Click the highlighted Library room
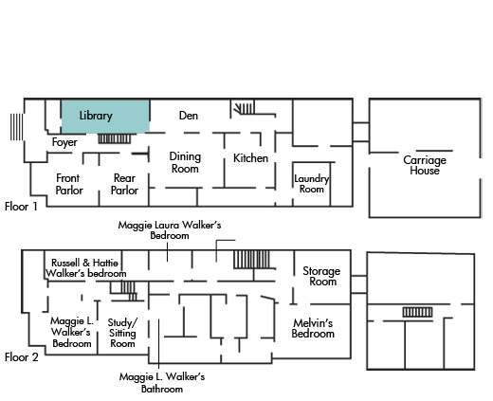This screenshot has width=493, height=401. [x=105, y=117]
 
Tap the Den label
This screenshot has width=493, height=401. [x=189, y=116]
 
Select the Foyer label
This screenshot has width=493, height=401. [x=64, y=142]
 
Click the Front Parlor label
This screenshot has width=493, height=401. [x=69, y=184]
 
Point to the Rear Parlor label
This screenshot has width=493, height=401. [x=124, y=184]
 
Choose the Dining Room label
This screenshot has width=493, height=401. [x=185, y=162]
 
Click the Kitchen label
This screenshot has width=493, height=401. [x=250, y=158]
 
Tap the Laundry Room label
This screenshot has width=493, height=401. [x=312, y=184]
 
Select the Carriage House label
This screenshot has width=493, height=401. [x=425, y=165]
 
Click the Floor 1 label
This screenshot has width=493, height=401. [x=21, y=207]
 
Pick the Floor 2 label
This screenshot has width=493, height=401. [x=22, y=357]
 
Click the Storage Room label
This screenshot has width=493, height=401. [x=321, y=276]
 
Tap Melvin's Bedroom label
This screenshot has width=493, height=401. [x=313, y=328]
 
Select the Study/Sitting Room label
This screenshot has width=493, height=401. [x=122, y=333]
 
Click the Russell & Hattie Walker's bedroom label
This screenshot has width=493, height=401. [x=85, y=268]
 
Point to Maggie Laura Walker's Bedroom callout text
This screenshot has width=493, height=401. [x=170, y=230]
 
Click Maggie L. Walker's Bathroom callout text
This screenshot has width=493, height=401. [x=162, y=383]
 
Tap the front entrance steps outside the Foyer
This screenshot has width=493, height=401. [x=16, y=127]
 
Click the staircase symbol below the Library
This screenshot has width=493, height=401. [x=114, y=138]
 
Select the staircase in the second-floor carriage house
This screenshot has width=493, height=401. [x=417, y=312]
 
